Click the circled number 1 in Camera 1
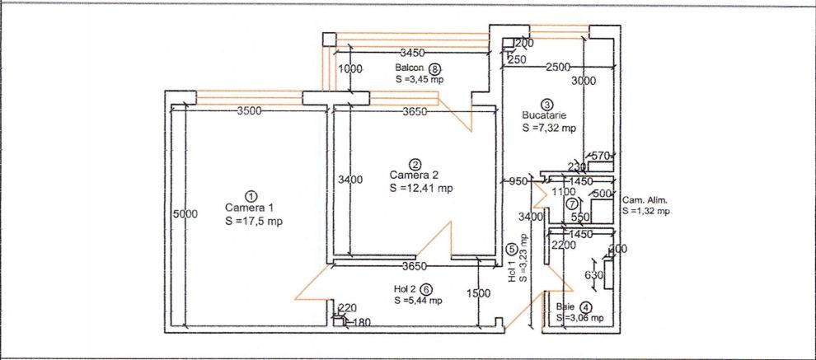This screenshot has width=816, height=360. tap(252, 195)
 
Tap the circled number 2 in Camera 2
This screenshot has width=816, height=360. tap(416, 164)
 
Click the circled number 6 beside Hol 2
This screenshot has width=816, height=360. tap(425, 289)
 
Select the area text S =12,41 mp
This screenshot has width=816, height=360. tap(421, 188)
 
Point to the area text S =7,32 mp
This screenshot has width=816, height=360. tap(550, 129)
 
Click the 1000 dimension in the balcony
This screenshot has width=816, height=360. tap(350, 69)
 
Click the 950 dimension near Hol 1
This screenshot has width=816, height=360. tap(518, 181)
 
